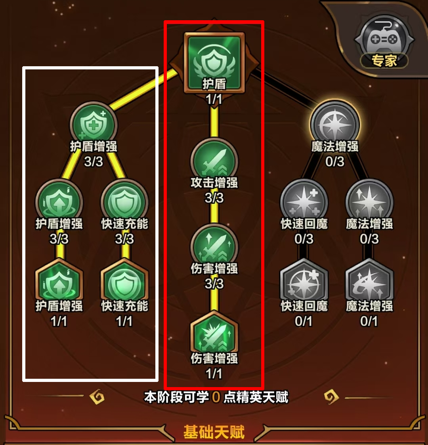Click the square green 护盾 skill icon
[x=214, y=63]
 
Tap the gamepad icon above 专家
[x=384, y=39]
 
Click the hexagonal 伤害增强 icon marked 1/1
[x=214, y=334]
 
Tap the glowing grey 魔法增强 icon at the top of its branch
[x=335, y=125]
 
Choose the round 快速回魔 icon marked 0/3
[x=304, y=202]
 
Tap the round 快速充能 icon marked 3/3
[x=124, y=202]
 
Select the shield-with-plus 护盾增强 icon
[x=93, y=125]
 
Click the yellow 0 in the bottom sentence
[x=216, y=397]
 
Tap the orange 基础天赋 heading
[x=214, y=432]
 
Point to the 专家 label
[x=384, y=60]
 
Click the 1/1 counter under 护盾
[x=214, y=99]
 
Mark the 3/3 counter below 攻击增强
[x=214, y=198]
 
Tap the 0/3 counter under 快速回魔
[x=304, y=239]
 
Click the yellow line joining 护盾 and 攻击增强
[x=214, y=121]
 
